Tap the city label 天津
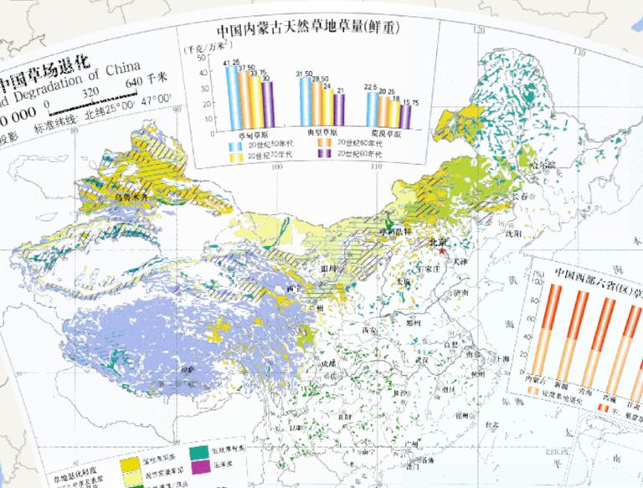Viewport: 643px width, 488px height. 458,262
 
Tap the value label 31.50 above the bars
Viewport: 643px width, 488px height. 305,75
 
